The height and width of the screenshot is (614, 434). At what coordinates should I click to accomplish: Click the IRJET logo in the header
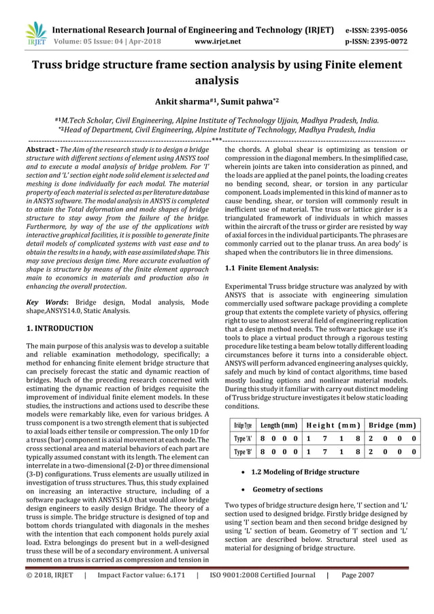(x=35, y=33)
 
